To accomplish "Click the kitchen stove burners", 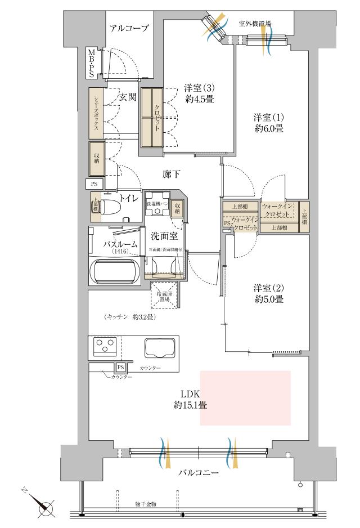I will pos(104,346).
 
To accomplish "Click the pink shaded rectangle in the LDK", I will pos(245,397).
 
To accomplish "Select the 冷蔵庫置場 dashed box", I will pos(165,294).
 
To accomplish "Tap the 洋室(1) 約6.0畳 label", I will pos(268,123).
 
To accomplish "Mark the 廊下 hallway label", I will pos(170,174).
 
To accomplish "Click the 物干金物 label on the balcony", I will pos(146,503).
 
